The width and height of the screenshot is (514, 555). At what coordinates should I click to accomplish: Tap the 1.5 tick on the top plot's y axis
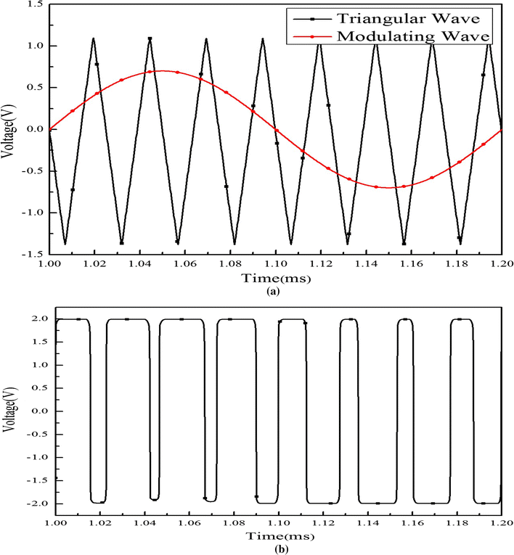[34, 4]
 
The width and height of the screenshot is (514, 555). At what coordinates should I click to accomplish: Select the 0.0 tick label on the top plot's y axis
[34, 129]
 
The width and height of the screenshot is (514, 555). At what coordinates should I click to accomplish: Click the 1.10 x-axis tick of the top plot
[275, 266]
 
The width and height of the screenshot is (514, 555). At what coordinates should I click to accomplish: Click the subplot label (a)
[273, 291]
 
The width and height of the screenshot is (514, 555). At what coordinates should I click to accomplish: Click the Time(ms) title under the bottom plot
[273, 535]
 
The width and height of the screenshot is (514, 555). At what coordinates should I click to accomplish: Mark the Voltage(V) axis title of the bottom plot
[9, 411]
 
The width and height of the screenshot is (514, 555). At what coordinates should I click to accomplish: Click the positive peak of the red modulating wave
[161, 70]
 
